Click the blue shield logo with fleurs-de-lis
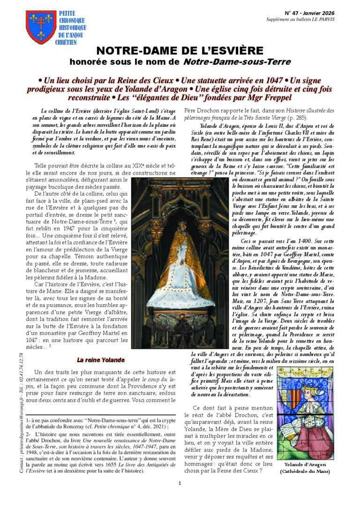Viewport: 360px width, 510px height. click(x=41, y=27)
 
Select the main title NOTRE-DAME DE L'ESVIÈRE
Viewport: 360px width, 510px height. click(x=179, y=51)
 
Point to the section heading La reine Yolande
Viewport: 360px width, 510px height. click(x=101, y=360)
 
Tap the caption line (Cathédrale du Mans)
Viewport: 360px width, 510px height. click(x=305, y=471)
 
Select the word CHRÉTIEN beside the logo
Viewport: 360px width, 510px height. click(x=68, y=42)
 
